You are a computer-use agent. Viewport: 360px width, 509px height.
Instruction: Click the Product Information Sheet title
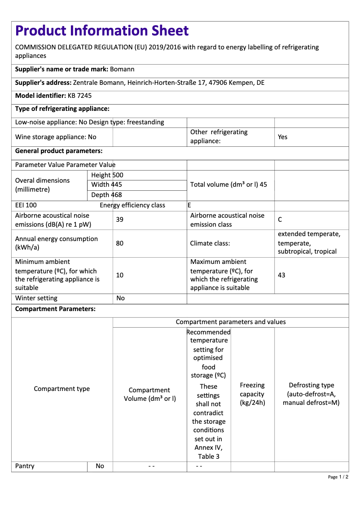[102, 31]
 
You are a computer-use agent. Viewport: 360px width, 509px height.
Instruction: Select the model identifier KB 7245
[80, 96]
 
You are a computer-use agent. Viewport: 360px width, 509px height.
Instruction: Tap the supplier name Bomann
[122, 69]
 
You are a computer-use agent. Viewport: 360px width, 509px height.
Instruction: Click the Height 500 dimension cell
[107, 175]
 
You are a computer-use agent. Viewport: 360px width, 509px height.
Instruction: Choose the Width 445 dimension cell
[106, 184]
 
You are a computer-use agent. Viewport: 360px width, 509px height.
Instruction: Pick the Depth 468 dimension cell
[106, 195]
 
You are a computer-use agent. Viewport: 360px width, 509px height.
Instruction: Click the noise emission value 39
[120, 219]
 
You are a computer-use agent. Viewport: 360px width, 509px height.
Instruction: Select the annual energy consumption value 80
[120, 243]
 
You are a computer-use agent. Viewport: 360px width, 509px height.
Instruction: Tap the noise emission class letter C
[280, 219]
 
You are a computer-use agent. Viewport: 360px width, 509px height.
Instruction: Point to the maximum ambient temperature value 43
[281, 275]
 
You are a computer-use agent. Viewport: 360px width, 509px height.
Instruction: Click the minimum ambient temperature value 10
[120, 275]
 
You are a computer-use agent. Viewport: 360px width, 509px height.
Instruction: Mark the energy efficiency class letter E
[189, 205]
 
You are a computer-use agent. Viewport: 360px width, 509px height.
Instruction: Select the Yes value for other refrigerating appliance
[282, 137]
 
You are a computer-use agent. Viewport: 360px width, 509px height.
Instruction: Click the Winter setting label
[36, 298]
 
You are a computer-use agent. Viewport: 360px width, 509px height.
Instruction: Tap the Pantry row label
[25, 466]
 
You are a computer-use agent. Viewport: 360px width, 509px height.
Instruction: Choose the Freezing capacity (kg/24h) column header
[252, 394]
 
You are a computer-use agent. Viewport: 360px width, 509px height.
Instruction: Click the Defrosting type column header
[311, 394]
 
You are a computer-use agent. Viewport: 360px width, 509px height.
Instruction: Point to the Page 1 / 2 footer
[338, 477]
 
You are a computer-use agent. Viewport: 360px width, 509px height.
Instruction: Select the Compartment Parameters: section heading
[55, 309]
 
